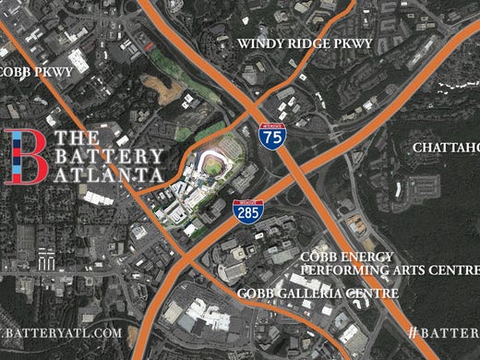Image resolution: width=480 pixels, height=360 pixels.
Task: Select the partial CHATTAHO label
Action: pos(446,148)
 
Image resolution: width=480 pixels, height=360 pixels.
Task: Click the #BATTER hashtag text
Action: pos(443,330)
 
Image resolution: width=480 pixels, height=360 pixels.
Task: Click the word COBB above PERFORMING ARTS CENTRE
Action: pos(319,256)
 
